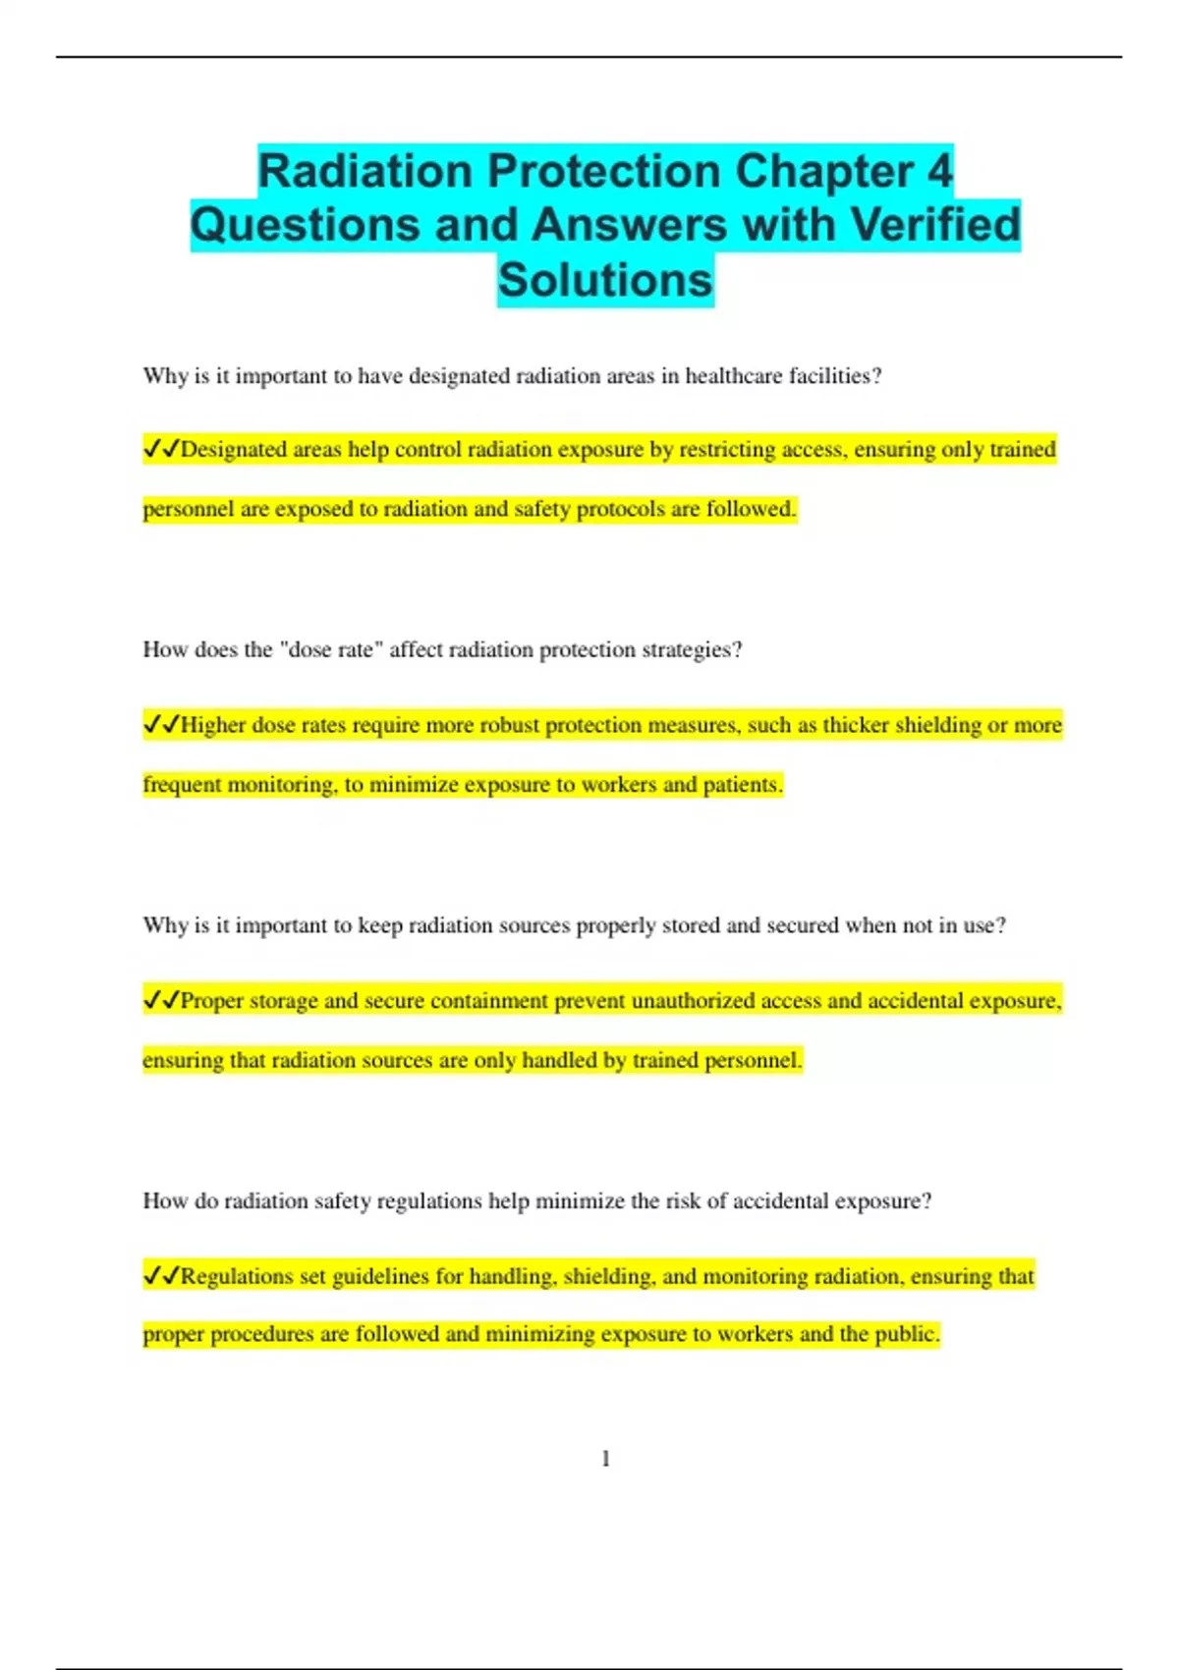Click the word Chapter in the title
[x=823, y=172]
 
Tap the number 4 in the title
[x=939, y=172]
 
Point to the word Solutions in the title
[x=605, y=280]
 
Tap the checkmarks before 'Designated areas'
[x=161, y=450]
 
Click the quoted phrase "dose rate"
[x=331, y=650]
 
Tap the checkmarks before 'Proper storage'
[x=161, y=1001]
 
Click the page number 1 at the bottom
[x=605, y=1459]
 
